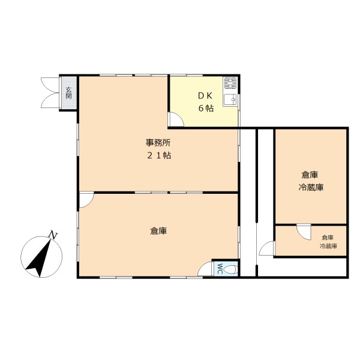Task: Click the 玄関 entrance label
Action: (68, 93)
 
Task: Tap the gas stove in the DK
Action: (230, 83)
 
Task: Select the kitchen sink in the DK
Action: (230, 100)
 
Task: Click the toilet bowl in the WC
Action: (230, 269)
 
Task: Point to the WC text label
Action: (219, 269)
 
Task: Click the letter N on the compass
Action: (53, 235)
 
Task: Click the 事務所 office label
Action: (158, 143)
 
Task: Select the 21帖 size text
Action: (159, 155)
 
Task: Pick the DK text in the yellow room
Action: (205, 96)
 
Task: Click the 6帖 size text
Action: (206, 108)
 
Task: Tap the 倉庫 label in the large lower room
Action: (158, 231)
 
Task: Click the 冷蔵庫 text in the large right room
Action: (311, 187)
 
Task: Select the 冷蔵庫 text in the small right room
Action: (328, 247)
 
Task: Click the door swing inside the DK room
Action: (176, 119)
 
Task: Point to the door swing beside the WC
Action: (205, 269)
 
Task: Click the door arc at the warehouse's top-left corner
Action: (86, 200)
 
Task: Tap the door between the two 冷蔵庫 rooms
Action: (304, 232)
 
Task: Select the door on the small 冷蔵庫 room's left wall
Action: (267, 248)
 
